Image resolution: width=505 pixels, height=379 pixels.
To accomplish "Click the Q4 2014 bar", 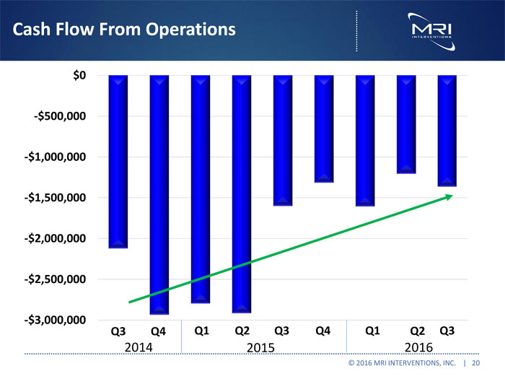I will click(159, 195).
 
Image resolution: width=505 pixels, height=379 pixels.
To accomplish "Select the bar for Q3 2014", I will click(118, 162).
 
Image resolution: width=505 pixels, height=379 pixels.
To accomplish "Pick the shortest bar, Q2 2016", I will click(406, 124).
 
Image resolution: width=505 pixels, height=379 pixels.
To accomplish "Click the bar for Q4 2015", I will click(324, 128).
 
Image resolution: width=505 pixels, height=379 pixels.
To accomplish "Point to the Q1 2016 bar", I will click(365, 141).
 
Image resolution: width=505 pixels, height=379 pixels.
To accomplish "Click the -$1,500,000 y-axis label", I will click(56, 198).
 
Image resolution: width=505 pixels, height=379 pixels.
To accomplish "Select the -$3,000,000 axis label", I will click(56, 320).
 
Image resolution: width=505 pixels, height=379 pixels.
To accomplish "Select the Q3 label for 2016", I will click(447, 332).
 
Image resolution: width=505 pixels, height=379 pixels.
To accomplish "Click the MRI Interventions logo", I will click(431, 28).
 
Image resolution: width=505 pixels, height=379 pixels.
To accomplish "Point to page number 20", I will click(476, 364).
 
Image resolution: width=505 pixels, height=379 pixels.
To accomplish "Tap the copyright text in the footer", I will click(400, 364).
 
